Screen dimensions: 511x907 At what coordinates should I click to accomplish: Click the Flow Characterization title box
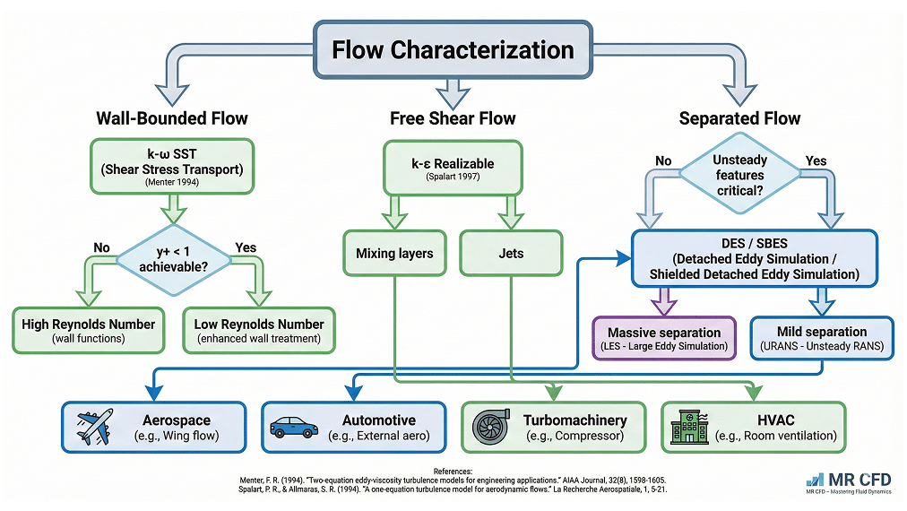453,48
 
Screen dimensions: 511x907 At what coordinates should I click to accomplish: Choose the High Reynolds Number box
89,331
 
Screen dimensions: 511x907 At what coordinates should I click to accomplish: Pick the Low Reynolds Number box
259,331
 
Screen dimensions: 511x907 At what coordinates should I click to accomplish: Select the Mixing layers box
394,254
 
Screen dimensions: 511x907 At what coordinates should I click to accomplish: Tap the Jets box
511,254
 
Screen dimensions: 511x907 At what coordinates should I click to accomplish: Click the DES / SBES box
763,259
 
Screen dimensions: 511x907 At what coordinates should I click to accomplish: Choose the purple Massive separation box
664,339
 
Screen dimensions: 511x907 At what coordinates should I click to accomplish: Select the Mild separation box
821,339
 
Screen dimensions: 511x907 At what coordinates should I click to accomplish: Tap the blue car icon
294,427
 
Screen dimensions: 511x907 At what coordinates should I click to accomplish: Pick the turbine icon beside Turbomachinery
491,428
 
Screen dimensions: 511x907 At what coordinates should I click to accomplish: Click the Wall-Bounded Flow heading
172,118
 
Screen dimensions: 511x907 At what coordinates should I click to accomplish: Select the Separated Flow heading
739,118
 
